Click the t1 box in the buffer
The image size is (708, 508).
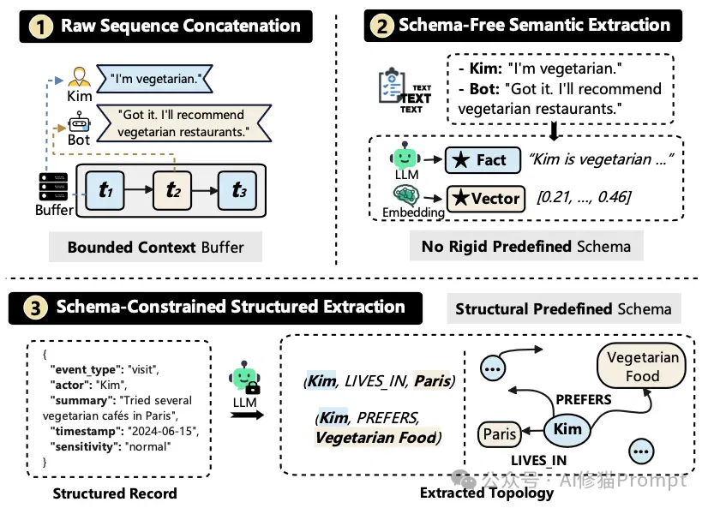tap(105, 190)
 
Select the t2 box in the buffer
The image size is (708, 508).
tap(172, 190)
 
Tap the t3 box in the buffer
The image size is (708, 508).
tap(238, 190)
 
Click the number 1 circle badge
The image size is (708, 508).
tap(41, 27)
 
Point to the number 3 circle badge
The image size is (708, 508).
tap(35, 308)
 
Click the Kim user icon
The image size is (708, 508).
tap(80, 77)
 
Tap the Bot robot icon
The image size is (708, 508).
tap(80, 123)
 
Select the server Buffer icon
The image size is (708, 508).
tap(53, 187)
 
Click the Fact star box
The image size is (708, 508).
tap(483, 160)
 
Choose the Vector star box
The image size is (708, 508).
tap(486, 199)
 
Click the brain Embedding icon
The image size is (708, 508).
tap(406, 195)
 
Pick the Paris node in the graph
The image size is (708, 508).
tap(500, 434)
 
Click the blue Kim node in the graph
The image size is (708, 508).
tap(567, 429)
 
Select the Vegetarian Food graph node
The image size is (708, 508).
tap(642, 367)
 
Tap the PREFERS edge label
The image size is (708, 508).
tap(584, 399)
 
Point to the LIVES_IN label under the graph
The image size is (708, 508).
tap(538, 460)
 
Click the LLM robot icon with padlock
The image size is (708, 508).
tap(244, 377)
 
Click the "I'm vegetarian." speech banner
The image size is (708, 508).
tap(154, 79)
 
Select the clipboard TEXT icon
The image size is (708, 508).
tap(404, 90)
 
